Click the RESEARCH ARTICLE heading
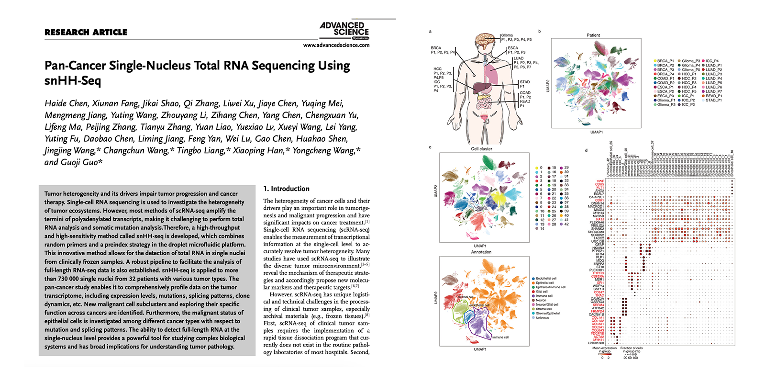click(x=86, y=33)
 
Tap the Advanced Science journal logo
click(x=344, y=30)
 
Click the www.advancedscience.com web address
click(x=336, y=45)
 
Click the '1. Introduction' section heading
click(x=286, y=189)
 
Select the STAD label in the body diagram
click(x=525, y=82)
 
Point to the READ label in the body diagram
click(x=525, y=101)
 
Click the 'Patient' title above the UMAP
click(x=593, y=35)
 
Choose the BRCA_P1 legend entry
click(x=665, y=61)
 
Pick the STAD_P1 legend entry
click(x=713, y=101)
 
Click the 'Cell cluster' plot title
click(x=481, y=149)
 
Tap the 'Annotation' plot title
click(x=481, y=252)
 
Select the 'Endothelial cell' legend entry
click(x=546, y=279)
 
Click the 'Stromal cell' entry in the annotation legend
click(x=544, y=309)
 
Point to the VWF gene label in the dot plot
click(x=600, y=181)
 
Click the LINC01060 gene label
click(x=596, y=343)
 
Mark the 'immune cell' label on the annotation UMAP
click(x=500, y=337)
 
